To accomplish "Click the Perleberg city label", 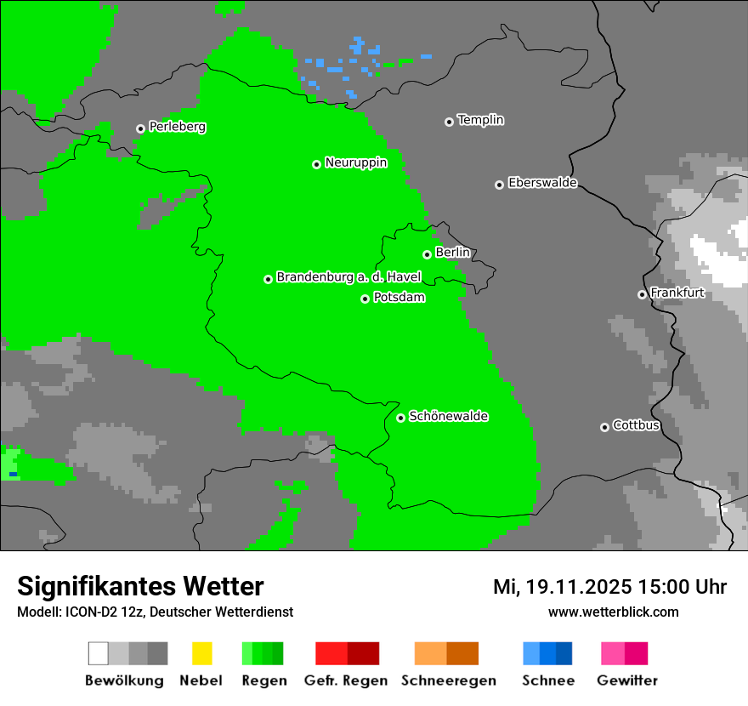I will pos(177,127).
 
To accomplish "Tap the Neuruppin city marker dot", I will pos(316,164).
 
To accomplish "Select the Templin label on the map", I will pos(480,120).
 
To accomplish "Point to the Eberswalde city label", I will pos(542,183).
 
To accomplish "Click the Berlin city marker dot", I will pos(427,254).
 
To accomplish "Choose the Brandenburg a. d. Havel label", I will pos(348,277).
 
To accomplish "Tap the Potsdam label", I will pos(399,298).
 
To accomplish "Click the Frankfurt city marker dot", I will pos(642,294).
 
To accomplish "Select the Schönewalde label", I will pos(448,416).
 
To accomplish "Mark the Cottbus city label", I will pos(636,425).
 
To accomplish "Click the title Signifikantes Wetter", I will pos(140,586).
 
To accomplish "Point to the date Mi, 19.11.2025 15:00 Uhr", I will pos(609,587).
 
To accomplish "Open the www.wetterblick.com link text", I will pos(613,612).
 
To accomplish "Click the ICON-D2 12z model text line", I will pos(155,612).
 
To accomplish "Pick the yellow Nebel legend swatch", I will pos(201,653).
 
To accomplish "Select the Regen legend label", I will pos(263,680).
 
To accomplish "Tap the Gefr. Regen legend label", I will pos(346,680).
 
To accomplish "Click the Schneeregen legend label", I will pos(448,680).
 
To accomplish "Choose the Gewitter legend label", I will pos(627,680).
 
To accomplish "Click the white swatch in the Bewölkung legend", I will pos(98,653).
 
